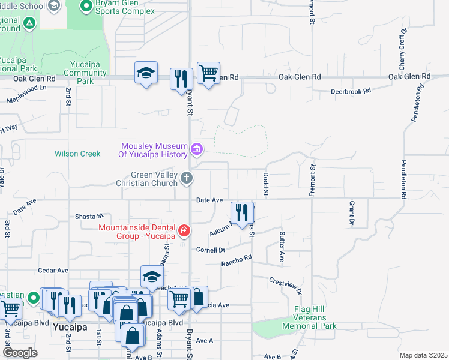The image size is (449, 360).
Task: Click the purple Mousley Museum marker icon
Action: pyautogui.click(x=196, y=149)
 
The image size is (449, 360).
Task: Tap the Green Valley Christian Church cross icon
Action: pyautogui.click(x=187, y=178)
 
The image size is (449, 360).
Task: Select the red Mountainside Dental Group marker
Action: pyautogui.click(x=184, y=230)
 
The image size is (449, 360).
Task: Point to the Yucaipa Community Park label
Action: pyautogui.click(x=85, y=73)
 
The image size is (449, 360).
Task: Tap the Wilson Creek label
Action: pyautogui.click(x=77, y=154)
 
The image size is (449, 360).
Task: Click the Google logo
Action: pyautogui.click(x=20, y=352)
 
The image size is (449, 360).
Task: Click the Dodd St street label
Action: pyautogui.click(x=265, y=184)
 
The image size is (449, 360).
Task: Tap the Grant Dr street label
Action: pyautogui.click(x=351, y=214)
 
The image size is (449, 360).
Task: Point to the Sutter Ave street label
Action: pyautogui.click(x=281, y=246)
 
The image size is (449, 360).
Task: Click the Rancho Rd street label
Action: pyautogui.click(x=236, y=260)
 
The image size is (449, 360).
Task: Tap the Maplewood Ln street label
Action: pyautogui.click(x=26, y=95)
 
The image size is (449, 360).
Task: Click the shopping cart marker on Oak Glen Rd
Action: pyautogui.click(x=208, y=74)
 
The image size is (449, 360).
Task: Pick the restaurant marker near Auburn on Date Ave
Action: pyautogui.click(x=242, y=213)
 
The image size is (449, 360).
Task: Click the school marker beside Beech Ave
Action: pyautogui.click(x=152, y=277)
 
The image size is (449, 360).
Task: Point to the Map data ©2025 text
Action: pyautogui.click(x=423, y=355)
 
